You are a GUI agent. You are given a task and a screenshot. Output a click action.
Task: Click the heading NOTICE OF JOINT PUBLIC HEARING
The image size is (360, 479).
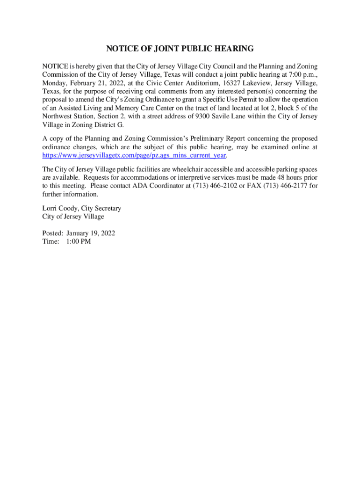[x=180, y=49]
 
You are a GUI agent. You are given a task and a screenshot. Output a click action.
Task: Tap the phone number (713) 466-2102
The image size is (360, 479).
[x=208, y=186]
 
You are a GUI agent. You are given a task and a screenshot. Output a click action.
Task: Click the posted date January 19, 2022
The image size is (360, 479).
[x=91, y=233]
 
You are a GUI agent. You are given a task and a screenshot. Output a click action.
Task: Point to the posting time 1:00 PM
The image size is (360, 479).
[x=79, y=241]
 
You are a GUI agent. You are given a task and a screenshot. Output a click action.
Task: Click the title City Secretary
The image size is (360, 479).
[x=101, y=208]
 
